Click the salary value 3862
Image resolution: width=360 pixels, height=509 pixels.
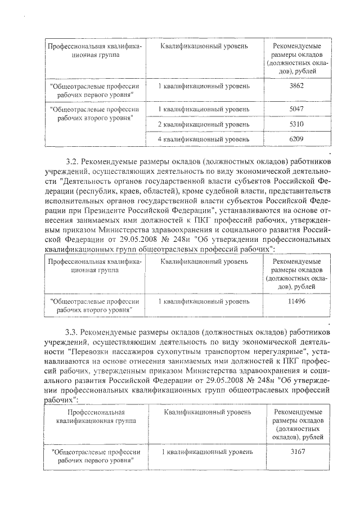point(296,86)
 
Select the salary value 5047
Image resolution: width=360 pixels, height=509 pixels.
point(296,109)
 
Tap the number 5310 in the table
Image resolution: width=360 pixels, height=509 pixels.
point(296,124)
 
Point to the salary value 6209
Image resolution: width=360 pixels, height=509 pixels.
point(296,138)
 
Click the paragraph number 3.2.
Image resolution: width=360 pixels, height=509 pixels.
point(72,159)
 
